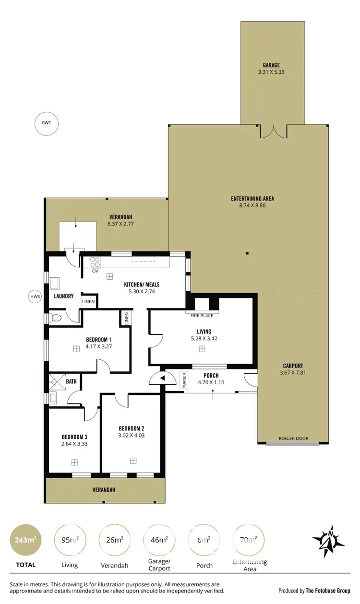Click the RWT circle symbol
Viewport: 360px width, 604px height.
coord(46,123)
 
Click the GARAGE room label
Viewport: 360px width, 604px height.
coord(271,65)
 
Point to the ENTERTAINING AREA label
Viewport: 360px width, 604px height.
coord(252,199)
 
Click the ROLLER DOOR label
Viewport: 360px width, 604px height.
coord(293,438)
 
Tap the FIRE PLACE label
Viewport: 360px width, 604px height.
coord(202,316)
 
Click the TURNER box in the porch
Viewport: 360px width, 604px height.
coord(183,380)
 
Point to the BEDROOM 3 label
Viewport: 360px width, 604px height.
coord(74,437)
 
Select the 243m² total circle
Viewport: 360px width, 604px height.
coord(25,540)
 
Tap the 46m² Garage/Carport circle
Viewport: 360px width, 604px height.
coord(158,540)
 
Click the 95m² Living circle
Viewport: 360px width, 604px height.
coord(70,540)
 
